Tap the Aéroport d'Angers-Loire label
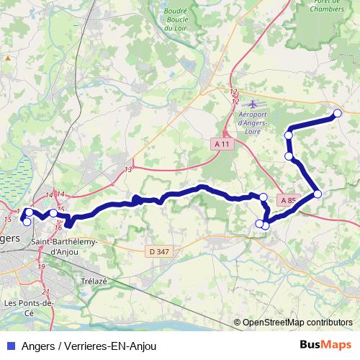(x=252, y=119)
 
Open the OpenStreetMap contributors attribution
(x=297, y=322)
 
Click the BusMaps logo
(x=326, y=345)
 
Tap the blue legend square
(x=9, y=346)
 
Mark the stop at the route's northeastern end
(x=337, y=112)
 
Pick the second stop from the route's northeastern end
(x=289, y=135)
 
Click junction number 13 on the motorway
(x=128, y=170)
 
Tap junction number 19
(x=42, y=266)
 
